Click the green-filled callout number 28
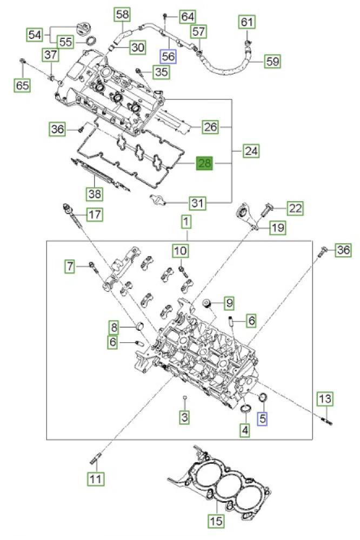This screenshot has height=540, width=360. coord(205,163)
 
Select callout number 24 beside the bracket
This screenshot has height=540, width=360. coord(251,151)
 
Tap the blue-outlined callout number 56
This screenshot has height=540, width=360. coord(168,56)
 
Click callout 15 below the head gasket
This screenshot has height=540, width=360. coord(216,520)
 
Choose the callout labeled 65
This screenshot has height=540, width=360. coord(22,85)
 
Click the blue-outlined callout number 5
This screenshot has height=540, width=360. coord(263,418)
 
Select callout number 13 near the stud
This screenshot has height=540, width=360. coord(325,399)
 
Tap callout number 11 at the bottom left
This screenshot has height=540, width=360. coord(96,478)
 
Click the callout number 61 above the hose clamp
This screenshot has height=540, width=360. coord(246,22)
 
